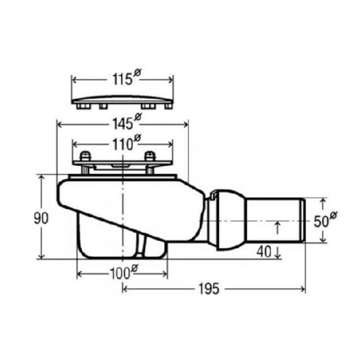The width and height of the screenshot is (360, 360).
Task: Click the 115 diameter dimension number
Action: point(122,79)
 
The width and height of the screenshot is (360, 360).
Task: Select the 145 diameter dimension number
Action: point(122,124)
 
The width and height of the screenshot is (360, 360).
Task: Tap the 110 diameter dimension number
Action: point(122,145)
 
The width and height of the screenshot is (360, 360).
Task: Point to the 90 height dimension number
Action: point(41,219)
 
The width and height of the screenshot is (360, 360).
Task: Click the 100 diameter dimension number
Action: point(120,274)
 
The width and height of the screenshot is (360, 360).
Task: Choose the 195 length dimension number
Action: point(209,289)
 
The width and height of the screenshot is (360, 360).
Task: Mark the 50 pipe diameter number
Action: point(321,221)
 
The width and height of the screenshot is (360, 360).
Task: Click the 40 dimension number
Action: point(264,251)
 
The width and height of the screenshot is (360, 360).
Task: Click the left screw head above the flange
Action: point(85,156)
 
